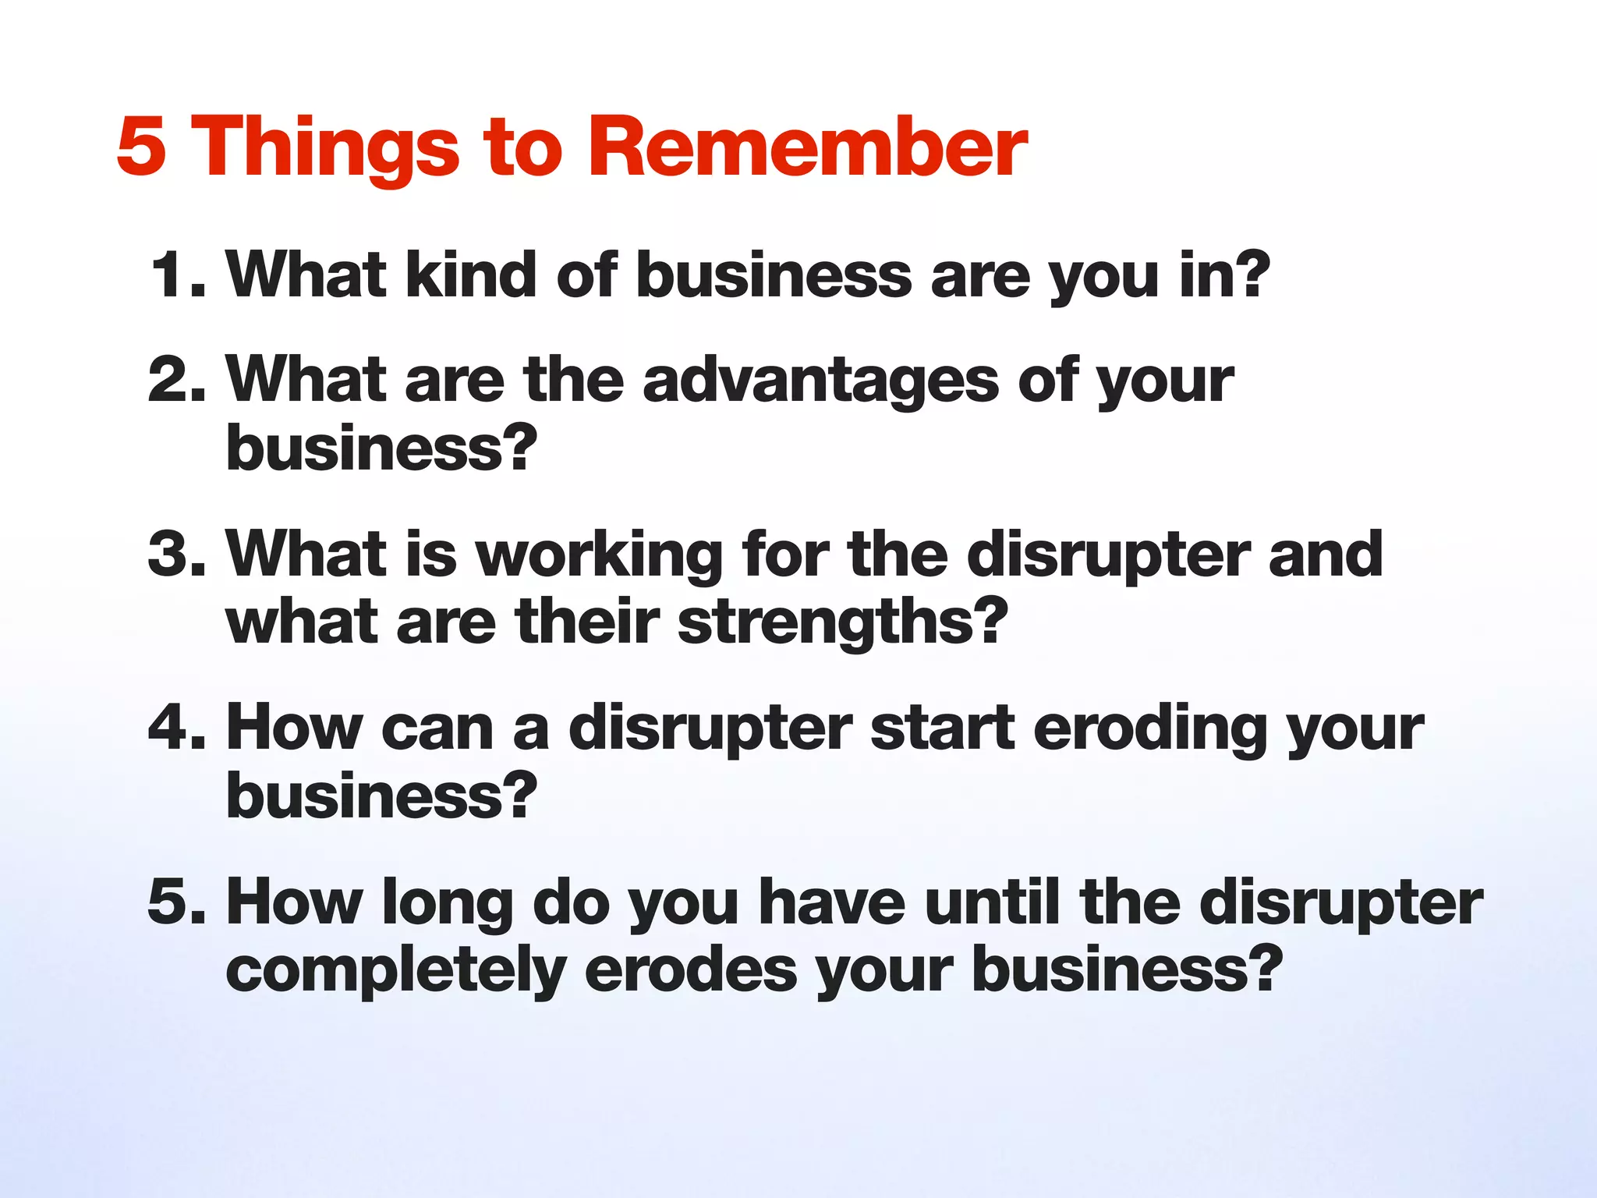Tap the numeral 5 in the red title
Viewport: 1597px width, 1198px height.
pos(141,147)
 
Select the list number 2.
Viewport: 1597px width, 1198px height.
pos(175,380)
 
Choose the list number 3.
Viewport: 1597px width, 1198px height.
pos(175,555)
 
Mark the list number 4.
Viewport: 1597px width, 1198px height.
pos(175,728)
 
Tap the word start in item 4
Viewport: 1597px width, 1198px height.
pos(942,728)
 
